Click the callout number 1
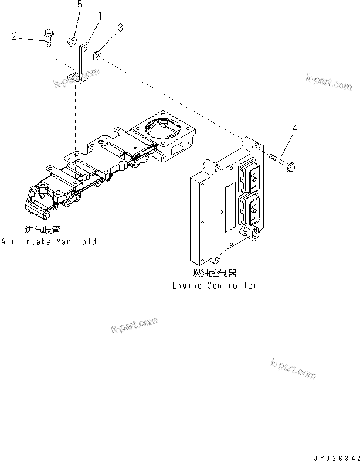click(100, 16)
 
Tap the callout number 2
click(14, 36)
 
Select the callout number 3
click(120, 28)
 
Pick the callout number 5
click(80, 5)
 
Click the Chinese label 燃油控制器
click(214, 274)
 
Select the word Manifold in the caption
click(77, 241)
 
